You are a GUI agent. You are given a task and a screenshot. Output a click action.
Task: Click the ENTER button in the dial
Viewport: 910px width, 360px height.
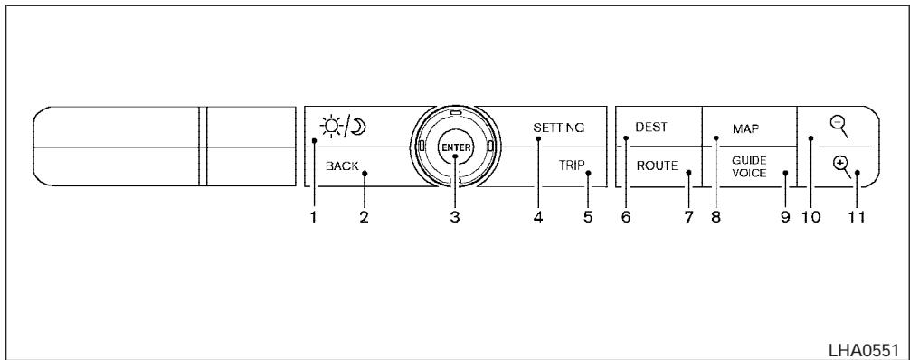pyautogui.click(x=456, y=147)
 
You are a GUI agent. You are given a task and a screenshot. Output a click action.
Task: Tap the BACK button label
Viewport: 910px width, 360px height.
pyautogui.click(x=343, y=166)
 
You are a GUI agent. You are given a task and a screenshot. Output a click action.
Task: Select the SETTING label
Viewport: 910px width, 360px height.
pyautogui.click(x=559, y=128)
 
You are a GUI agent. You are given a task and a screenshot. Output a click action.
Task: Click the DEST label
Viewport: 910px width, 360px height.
pyautogui.click(x=651, y=127)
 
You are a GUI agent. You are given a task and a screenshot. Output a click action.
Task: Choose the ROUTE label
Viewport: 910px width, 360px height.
pyautogui.click(x=657, y=166)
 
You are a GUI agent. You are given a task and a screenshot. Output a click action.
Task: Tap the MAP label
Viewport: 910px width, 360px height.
pyautogui.click(x=746, y=129)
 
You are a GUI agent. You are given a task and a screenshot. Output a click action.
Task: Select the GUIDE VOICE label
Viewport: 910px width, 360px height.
pyautogui.click(x=749, y=166)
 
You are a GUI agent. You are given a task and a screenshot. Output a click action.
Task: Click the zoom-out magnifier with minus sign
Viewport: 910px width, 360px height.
pyautogui.click(x=839, y=128)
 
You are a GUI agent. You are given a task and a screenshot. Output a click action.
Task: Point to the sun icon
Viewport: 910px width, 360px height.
pyautogui.click(x=331, y=126)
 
